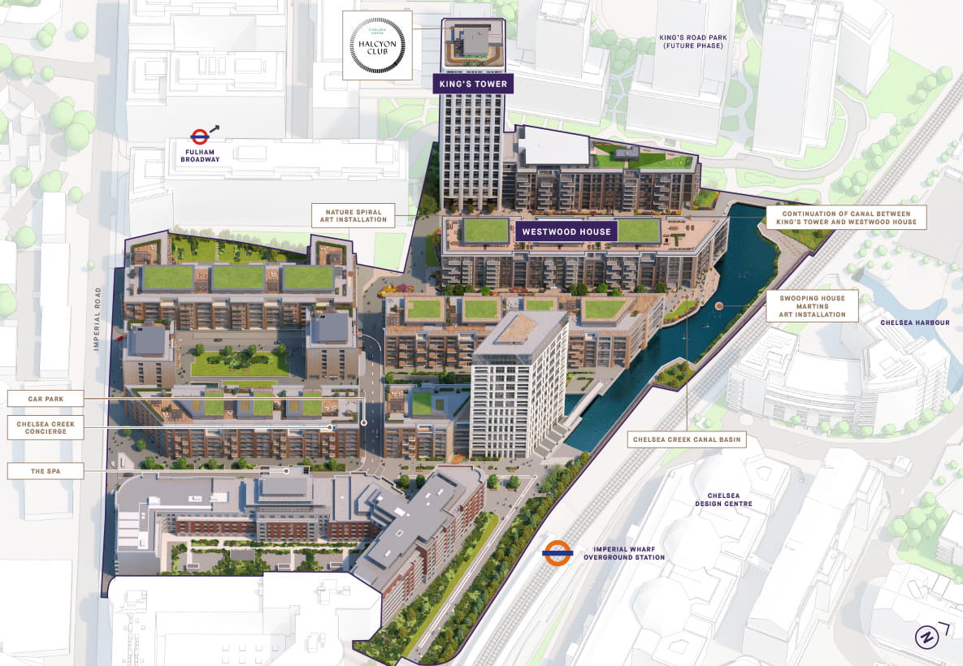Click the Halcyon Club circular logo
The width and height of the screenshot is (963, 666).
tap(377, 45)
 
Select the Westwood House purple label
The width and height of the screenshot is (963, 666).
tap(566, 231)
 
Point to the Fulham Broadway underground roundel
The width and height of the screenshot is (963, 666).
tap(199, 136)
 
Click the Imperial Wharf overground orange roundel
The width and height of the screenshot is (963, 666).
tap(558, 552)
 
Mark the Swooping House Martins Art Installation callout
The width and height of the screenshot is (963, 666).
tap(812, 305)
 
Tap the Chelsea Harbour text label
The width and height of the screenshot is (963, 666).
tap(914, 322)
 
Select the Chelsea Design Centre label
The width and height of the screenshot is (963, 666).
tap(723, 498)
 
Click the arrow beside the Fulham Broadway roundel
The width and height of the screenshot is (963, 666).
tap(215, 128)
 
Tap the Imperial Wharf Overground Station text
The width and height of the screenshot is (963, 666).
tap(624, 552)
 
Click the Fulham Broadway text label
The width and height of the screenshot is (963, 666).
tap(200, 154)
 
